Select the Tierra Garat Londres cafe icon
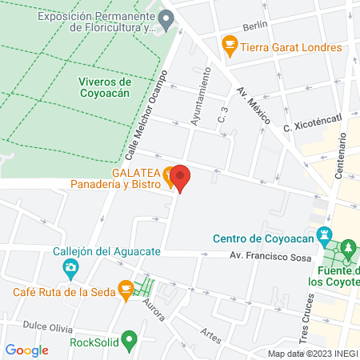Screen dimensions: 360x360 pos(229,46)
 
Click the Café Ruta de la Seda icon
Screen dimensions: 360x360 pos(125,290)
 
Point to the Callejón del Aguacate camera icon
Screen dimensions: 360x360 pos(71,266)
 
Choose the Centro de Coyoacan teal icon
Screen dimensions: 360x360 pos(323,238)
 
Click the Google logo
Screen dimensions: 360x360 pos(27,350)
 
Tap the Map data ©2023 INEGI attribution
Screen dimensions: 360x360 pos(311,354)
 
